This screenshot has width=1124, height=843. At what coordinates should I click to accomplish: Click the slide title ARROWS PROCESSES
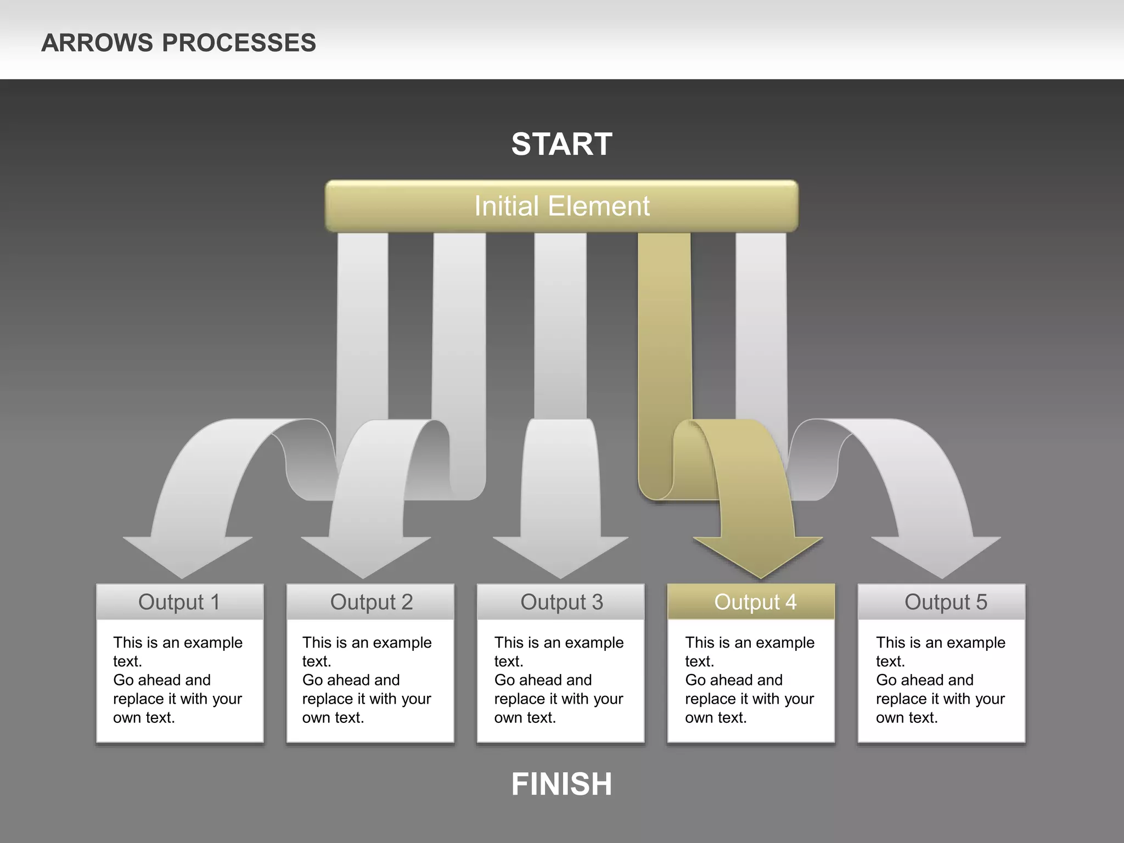tap(178, 43)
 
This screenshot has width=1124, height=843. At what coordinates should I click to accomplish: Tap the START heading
tap(561, 144)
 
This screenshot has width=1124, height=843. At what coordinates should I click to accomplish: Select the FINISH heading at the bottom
tap(561, 783)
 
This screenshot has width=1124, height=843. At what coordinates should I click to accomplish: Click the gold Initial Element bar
tap(561, 206)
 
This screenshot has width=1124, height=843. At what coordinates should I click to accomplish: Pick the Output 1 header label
tap(179, 602)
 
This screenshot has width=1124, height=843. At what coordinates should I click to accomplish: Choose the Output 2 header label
tap(371, 602)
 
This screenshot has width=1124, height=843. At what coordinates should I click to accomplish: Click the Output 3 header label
tap(561, 602)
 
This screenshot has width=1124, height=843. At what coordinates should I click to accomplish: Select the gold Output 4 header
tap(755, 602)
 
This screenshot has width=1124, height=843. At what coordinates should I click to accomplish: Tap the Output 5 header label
tap(945, 602)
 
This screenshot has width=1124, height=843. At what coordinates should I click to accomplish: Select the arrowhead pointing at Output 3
tap(560, 554)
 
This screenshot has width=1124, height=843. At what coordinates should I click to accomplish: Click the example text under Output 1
tap(177, 679)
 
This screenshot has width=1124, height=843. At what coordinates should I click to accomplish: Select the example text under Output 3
tap(558, 679)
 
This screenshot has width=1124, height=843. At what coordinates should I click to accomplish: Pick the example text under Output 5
tap(940, 679)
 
